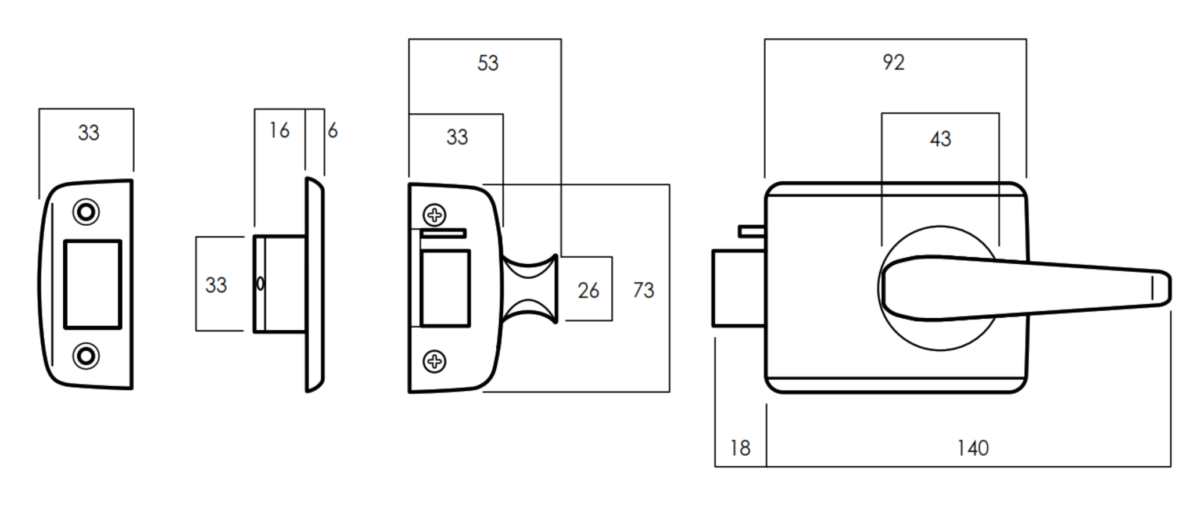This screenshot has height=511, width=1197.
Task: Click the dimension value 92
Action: (x=893, y=63)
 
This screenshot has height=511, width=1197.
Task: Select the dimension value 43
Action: (x=940, y=139)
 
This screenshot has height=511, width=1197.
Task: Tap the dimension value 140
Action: (x=973, y=448)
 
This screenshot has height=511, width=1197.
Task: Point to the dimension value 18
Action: (x=740, y=448)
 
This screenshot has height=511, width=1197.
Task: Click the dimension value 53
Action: (x=488, y=63)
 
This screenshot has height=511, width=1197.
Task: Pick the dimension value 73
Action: (x=643, y=290)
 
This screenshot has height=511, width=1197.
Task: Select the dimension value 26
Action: (x=588, y=290)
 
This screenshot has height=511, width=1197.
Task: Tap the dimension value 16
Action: (x=279, y=131)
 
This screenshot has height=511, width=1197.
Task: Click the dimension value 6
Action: (x=332, y=131)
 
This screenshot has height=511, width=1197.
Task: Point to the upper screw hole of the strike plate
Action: (x=86, y=212)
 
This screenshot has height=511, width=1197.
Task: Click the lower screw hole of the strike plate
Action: (x=86, y=356)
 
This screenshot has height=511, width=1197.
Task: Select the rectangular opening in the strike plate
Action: (x=92, y=285)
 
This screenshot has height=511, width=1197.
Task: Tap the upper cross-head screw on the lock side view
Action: (x=434, y=215)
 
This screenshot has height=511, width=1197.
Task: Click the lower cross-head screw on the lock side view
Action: (x=434, y=362)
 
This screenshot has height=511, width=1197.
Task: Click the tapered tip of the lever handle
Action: (x=1159, y=288)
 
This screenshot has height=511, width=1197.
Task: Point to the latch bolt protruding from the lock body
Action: (x=738, y=288)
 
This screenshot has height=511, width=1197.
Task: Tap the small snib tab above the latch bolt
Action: (x=751, y=231)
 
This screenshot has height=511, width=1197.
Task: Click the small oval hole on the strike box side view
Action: (x=260, y=284)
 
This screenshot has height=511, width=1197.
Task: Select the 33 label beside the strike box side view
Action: (x=216, y=285)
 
